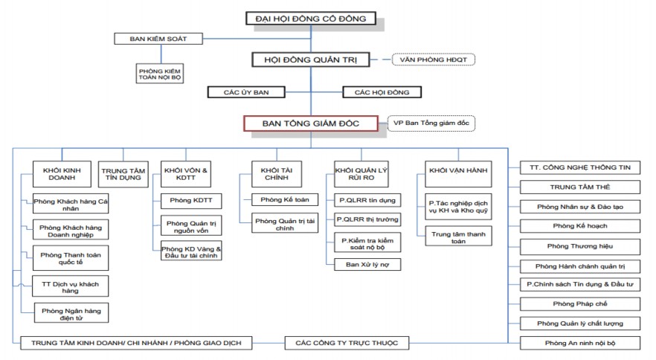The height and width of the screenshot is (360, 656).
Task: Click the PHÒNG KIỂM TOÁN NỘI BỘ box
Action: [160, 74]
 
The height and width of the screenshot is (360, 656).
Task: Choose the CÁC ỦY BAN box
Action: [246, 92]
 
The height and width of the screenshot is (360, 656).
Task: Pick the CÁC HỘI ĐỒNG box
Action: [382, 92]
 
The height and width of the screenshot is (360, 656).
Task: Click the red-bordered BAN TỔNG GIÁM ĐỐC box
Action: [311, 123]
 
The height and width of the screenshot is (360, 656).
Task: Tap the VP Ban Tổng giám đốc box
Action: [431, 123]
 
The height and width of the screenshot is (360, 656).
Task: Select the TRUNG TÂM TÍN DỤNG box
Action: [124, 173]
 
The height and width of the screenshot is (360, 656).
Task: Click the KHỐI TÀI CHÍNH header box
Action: [274, 174]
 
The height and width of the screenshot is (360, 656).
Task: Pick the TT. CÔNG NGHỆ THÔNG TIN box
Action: [580, 167]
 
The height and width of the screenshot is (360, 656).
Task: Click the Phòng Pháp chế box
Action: [580, 303]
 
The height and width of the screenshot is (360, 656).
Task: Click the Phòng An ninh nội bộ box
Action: [580, 343]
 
